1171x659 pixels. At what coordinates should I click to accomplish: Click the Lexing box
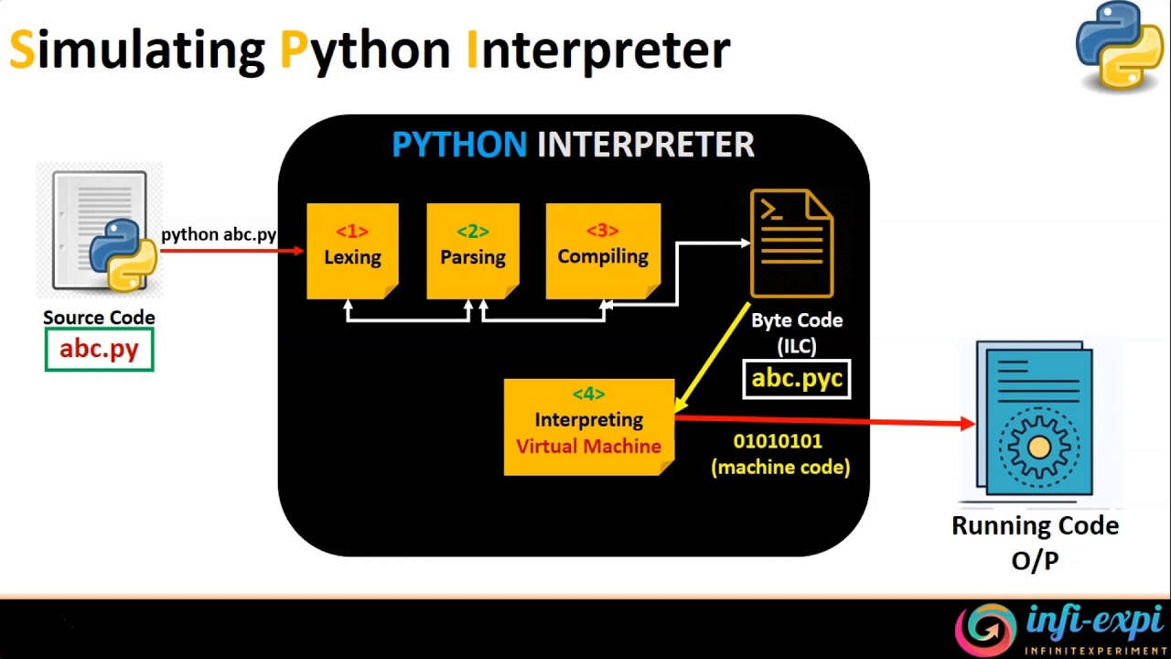352,251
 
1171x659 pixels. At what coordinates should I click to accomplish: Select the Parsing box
472,251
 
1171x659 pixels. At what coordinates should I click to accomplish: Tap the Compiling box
603,251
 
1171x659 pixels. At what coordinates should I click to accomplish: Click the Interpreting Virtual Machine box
588,427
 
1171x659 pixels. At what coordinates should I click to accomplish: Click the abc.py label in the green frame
99,350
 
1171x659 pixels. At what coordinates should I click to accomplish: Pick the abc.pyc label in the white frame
797,378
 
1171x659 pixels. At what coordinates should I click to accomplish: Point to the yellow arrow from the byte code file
714,357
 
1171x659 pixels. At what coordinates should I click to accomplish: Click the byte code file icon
792,243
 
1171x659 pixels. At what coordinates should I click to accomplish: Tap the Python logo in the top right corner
1120,46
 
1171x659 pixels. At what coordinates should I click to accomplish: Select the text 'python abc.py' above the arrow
219,234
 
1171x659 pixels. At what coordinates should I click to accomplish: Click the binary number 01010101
778,441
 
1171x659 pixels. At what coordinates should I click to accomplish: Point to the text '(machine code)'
780,467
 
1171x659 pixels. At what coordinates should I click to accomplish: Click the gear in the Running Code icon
1038,447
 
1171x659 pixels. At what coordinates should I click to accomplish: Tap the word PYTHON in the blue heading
459,145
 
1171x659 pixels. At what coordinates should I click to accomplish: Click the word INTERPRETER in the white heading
645,145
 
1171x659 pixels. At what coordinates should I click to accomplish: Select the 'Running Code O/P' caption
1035,542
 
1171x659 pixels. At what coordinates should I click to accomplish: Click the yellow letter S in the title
21,49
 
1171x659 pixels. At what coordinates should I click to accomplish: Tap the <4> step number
588,394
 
